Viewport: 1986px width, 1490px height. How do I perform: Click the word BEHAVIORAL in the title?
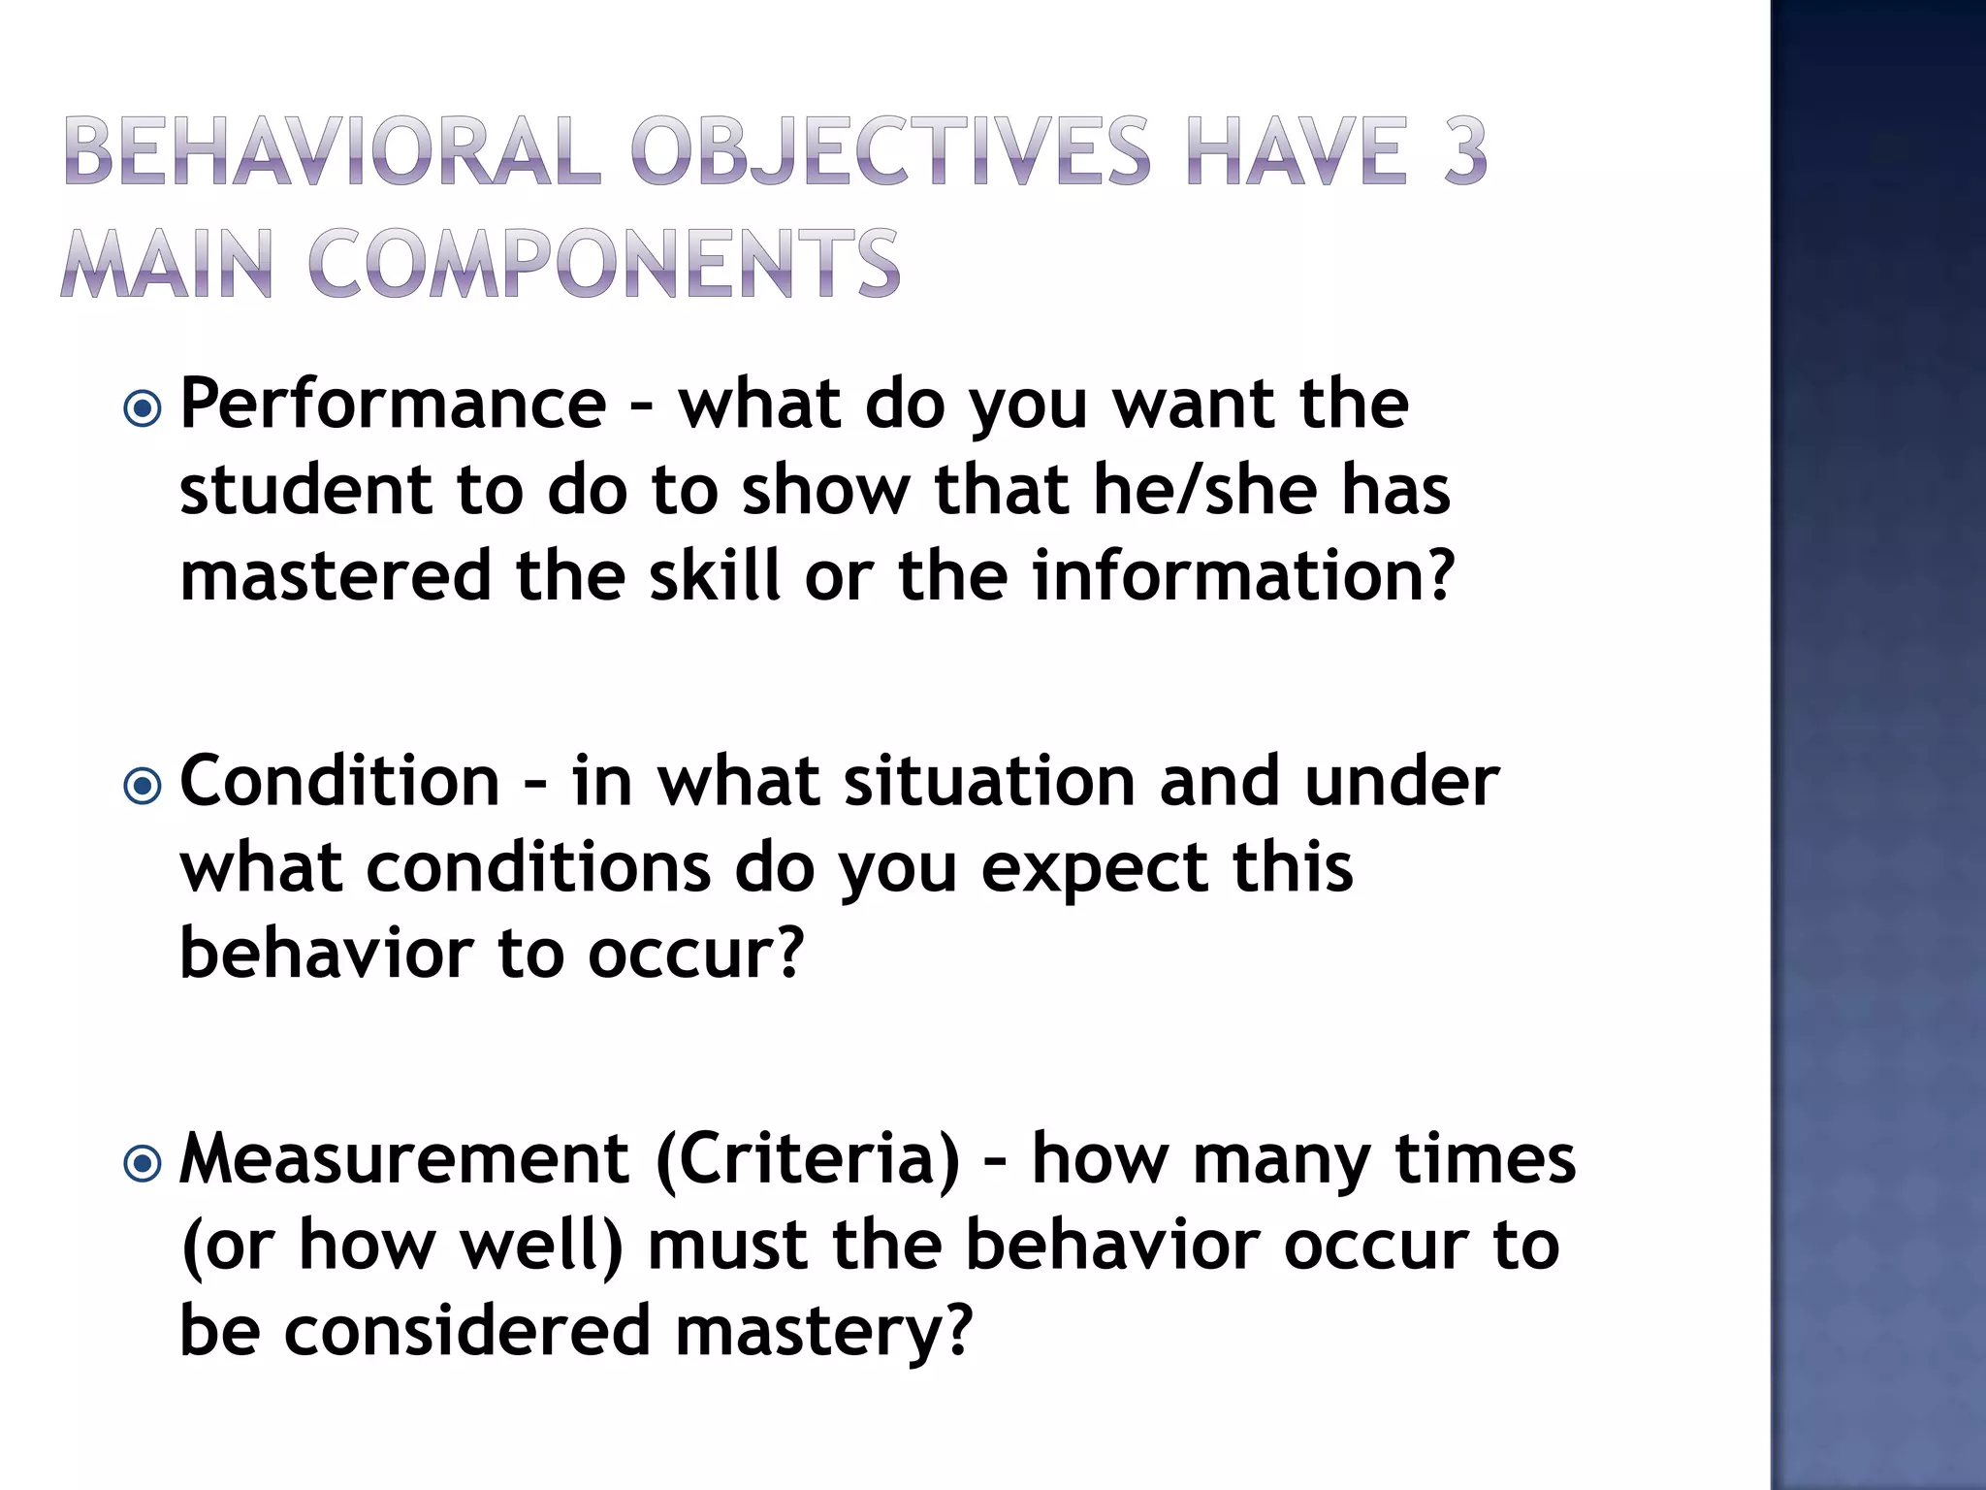[333, 150]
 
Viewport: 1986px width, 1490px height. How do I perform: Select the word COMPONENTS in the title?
[605, 264]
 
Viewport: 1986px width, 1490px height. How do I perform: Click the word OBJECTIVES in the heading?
[890, 150]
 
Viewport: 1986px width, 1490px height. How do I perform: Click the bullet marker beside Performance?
[143, 408]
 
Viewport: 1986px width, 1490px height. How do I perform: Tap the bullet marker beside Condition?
[143, 786]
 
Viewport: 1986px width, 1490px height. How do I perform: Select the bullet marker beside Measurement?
[143, 1163]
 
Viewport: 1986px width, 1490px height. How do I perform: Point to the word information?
[1243, 575]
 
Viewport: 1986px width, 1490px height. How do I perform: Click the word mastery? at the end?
[823, 1331]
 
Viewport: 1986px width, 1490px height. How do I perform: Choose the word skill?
[714, 575]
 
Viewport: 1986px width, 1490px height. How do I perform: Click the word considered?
[466, 1331]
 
